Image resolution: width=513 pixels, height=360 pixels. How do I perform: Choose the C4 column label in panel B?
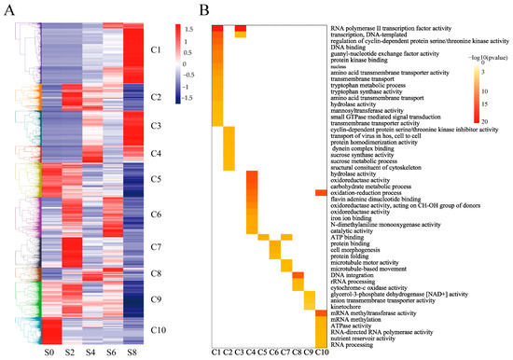click(x=252, y=352)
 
